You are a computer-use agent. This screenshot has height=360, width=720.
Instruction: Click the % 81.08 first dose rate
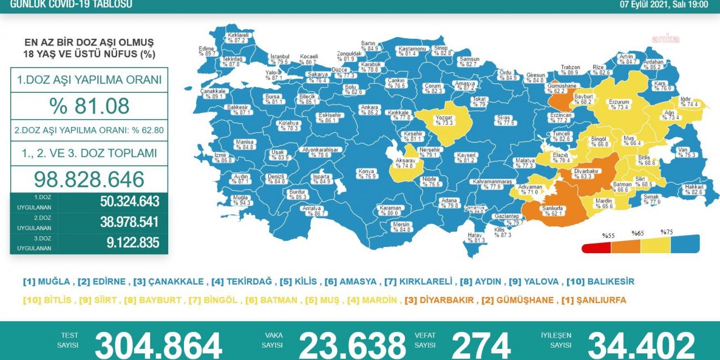click(89, 106)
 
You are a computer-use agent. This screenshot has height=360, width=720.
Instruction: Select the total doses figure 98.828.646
click(89, 179)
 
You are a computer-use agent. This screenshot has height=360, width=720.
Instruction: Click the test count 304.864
click(159, 344)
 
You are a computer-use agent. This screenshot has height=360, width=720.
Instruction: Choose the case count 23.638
click(352, 344)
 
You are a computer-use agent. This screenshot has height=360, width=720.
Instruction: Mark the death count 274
click(481, 344)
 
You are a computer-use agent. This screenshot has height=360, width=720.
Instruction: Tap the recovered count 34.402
click(641, 344)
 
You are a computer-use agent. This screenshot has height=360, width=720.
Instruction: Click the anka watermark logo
click(665, 39)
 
